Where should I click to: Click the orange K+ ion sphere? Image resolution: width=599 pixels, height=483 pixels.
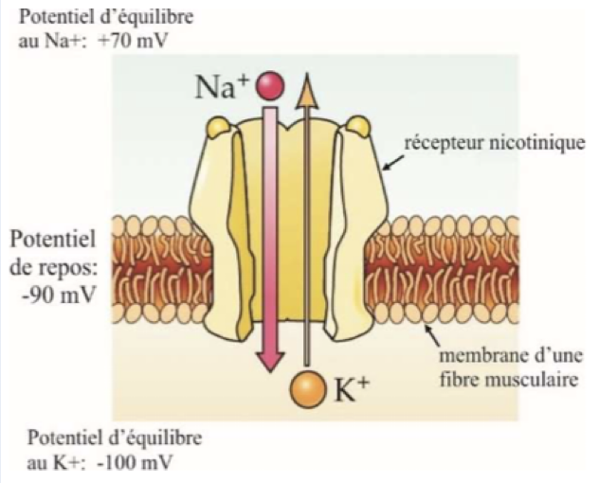(306, 387)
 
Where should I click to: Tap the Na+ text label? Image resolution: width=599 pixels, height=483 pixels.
(224, 87)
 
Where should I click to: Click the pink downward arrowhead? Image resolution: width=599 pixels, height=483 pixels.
(271, 360)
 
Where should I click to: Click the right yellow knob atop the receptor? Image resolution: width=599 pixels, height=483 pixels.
(359, 124)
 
